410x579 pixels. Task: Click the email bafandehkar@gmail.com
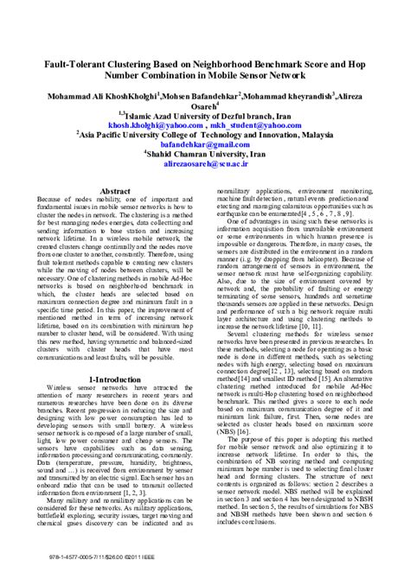coord(205,146)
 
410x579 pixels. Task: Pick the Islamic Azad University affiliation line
coord(205,114)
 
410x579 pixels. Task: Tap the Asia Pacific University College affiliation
coord(205,136)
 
